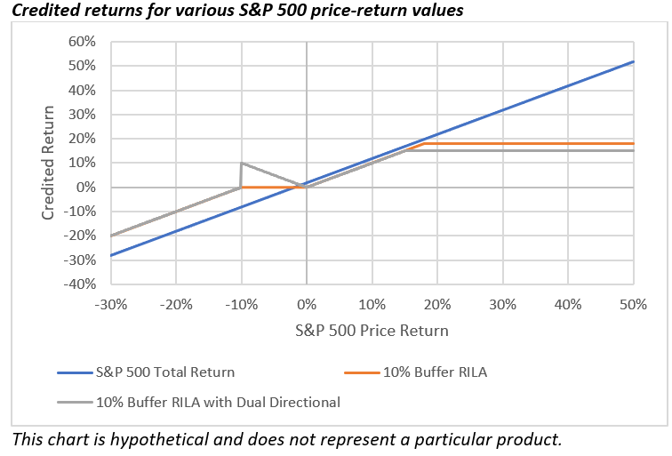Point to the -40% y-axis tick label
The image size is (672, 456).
77,284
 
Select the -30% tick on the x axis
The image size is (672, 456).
110,303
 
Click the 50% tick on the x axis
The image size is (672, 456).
633,303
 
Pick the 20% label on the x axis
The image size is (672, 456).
436,303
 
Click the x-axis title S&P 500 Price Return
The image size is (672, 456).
372,330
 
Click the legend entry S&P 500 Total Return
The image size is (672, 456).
164,372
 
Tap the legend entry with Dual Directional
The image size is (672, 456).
218,402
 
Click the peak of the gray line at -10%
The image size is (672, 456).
241,163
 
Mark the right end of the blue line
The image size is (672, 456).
633,61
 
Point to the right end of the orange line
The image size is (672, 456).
633,143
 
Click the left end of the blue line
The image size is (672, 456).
110,255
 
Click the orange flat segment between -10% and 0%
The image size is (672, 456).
273,187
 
